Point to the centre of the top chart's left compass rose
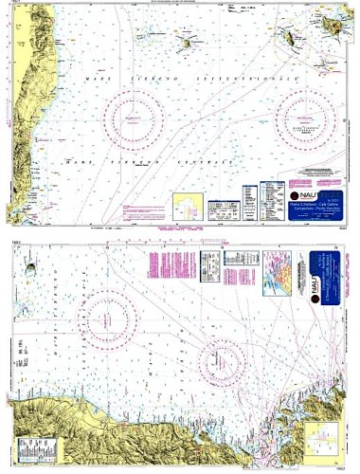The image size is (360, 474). [x=141, y=118]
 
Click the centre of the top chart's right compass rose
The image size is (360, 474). [x=309, y=118]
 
